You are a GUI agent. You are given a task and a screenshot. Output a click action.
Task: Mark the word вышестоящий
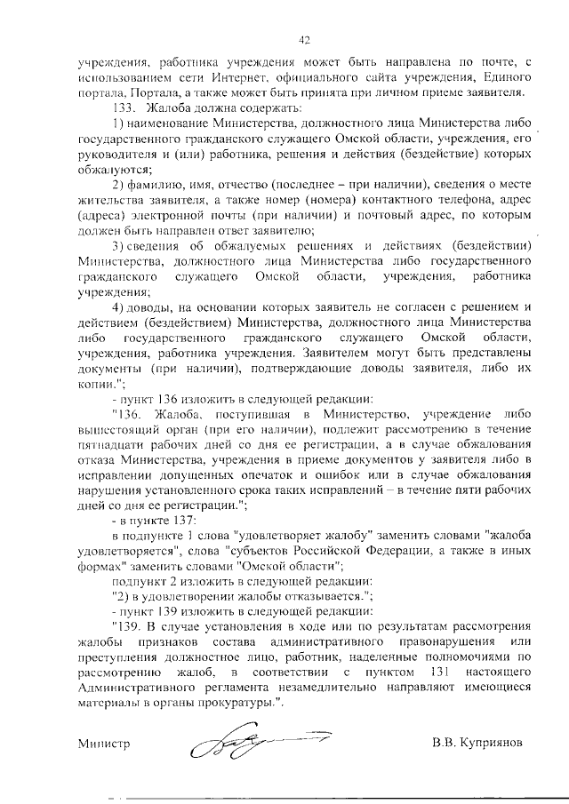point(117,413)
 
